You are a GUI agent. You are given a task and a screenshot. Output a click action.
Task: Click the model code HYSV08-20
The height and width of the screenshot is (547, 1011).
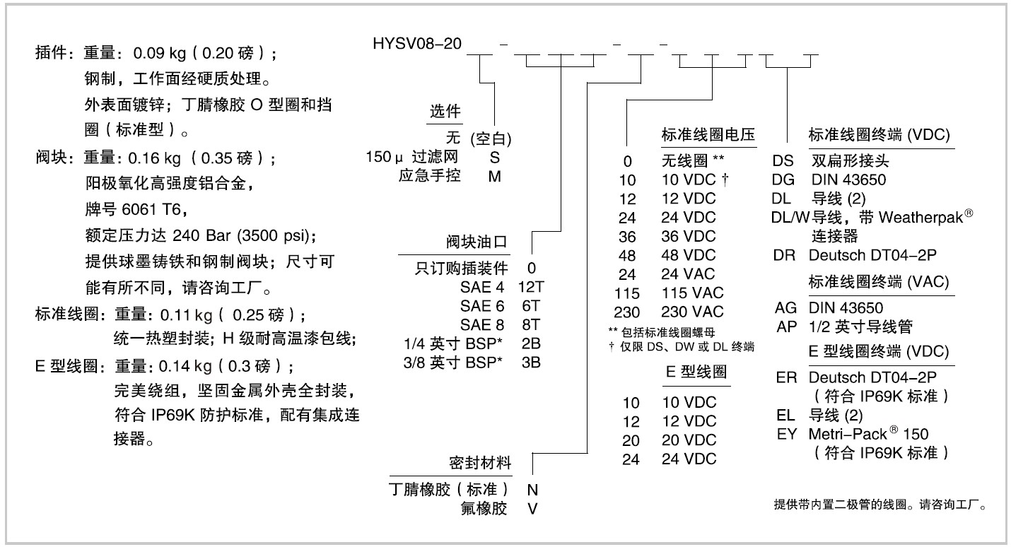pos(417,45)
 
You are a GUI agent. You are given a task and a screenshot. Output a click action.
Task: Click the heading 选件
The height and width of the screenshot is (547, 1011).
pos(445,111)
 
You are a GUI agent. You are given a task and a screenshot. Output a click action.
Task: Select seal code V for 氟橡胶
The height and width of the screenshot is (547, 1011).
pos(530,509)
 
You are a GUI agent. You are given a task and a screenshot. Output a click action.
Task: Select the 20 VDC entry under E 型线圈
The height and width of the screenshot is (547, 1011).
pos(689,440)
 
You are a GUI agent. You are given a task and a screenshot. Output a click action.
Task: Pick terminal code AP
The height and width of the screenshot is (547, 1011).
pos(785,326)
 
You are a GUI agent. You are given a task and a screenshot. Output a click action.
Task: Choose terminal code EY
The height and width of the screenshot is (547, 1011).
pos(786,433)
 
